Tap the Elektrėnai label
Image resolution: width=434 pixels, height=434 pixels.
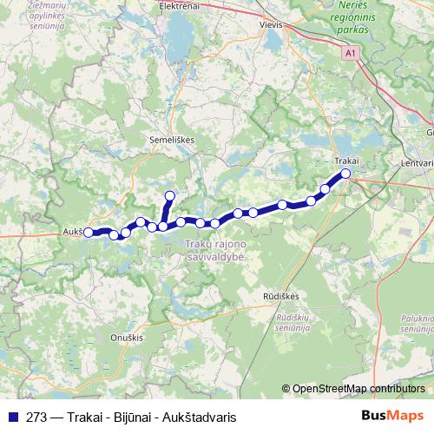181,5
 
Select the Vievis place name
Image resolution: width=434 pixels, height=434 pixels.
272,25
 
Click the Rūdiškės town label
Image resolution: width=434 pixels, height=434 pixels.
281,297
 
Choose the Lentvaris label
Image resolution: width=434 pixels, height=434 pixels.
418,162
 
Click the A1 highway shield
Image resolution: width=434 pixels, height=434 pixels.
350,54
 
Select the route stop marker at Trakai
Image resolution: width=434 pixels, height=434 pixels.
345,174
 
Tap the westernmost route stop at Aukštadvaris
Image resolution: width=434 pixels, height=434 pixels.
88,233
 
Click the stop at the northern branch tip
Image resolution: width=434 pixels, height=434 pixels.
170,195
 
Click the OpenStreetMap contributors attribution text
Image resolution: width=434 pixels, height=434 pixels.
358,388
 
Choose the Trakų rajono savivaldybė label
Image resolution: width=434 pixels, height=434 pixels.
216,252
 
